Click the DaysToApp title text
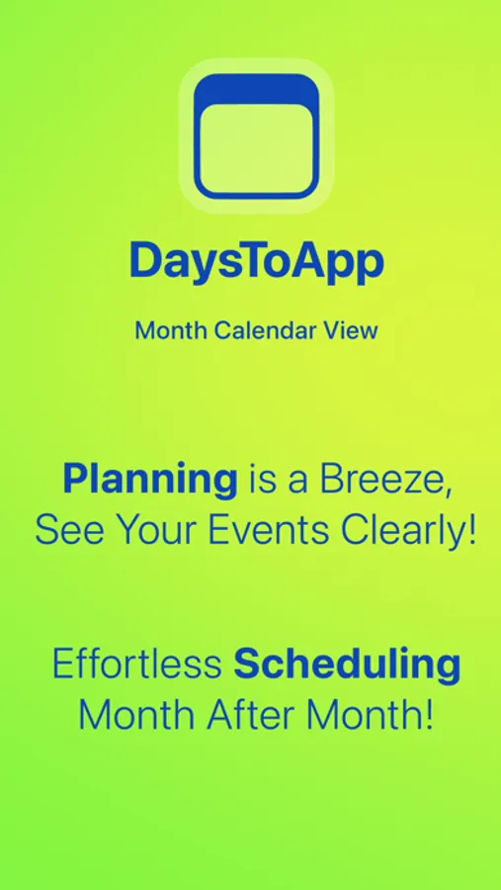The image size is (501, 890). (x=256, y=261)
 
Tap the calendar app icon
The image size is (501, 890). (x=256, y=135)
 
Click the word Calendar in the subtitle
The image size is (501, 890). (x=258, y=330)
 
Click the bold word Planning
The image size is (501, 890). (x=150, y=480)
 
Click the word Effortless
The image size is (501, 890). (x=136, y=665)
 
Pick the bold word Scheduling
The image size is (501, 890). (x=347, y=666)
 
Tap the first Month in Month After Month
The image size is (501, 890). (x=135, y=715)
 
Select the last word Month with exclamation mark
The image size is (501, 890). (x=376, y=715)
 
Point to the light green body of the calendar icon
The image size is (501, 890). (x=256, y=148)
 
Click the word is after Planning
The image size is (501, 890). (x=260, y=480)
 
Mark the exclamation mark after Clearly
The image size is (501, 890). (x=472, y=532)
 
